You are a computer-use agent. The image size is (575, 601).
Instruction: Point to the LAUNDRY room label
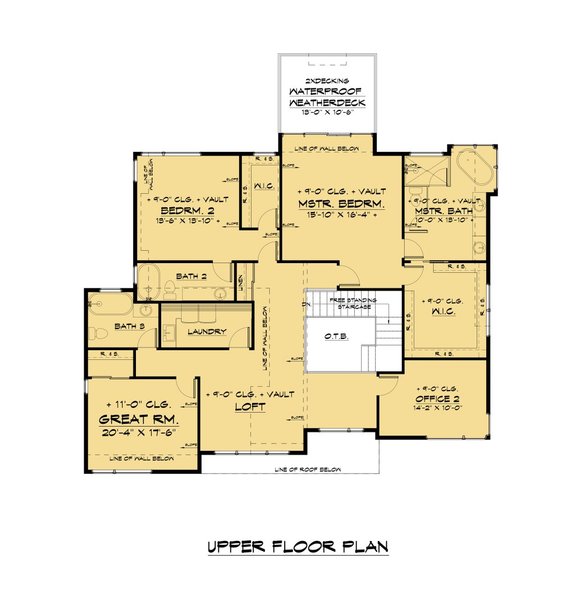tap(204, 331)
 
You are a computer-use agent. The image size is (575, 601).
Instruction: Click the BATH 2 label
tap(191, 276)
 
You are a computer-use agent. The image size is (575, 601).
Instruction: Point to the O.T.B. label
tap(336, 337)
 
